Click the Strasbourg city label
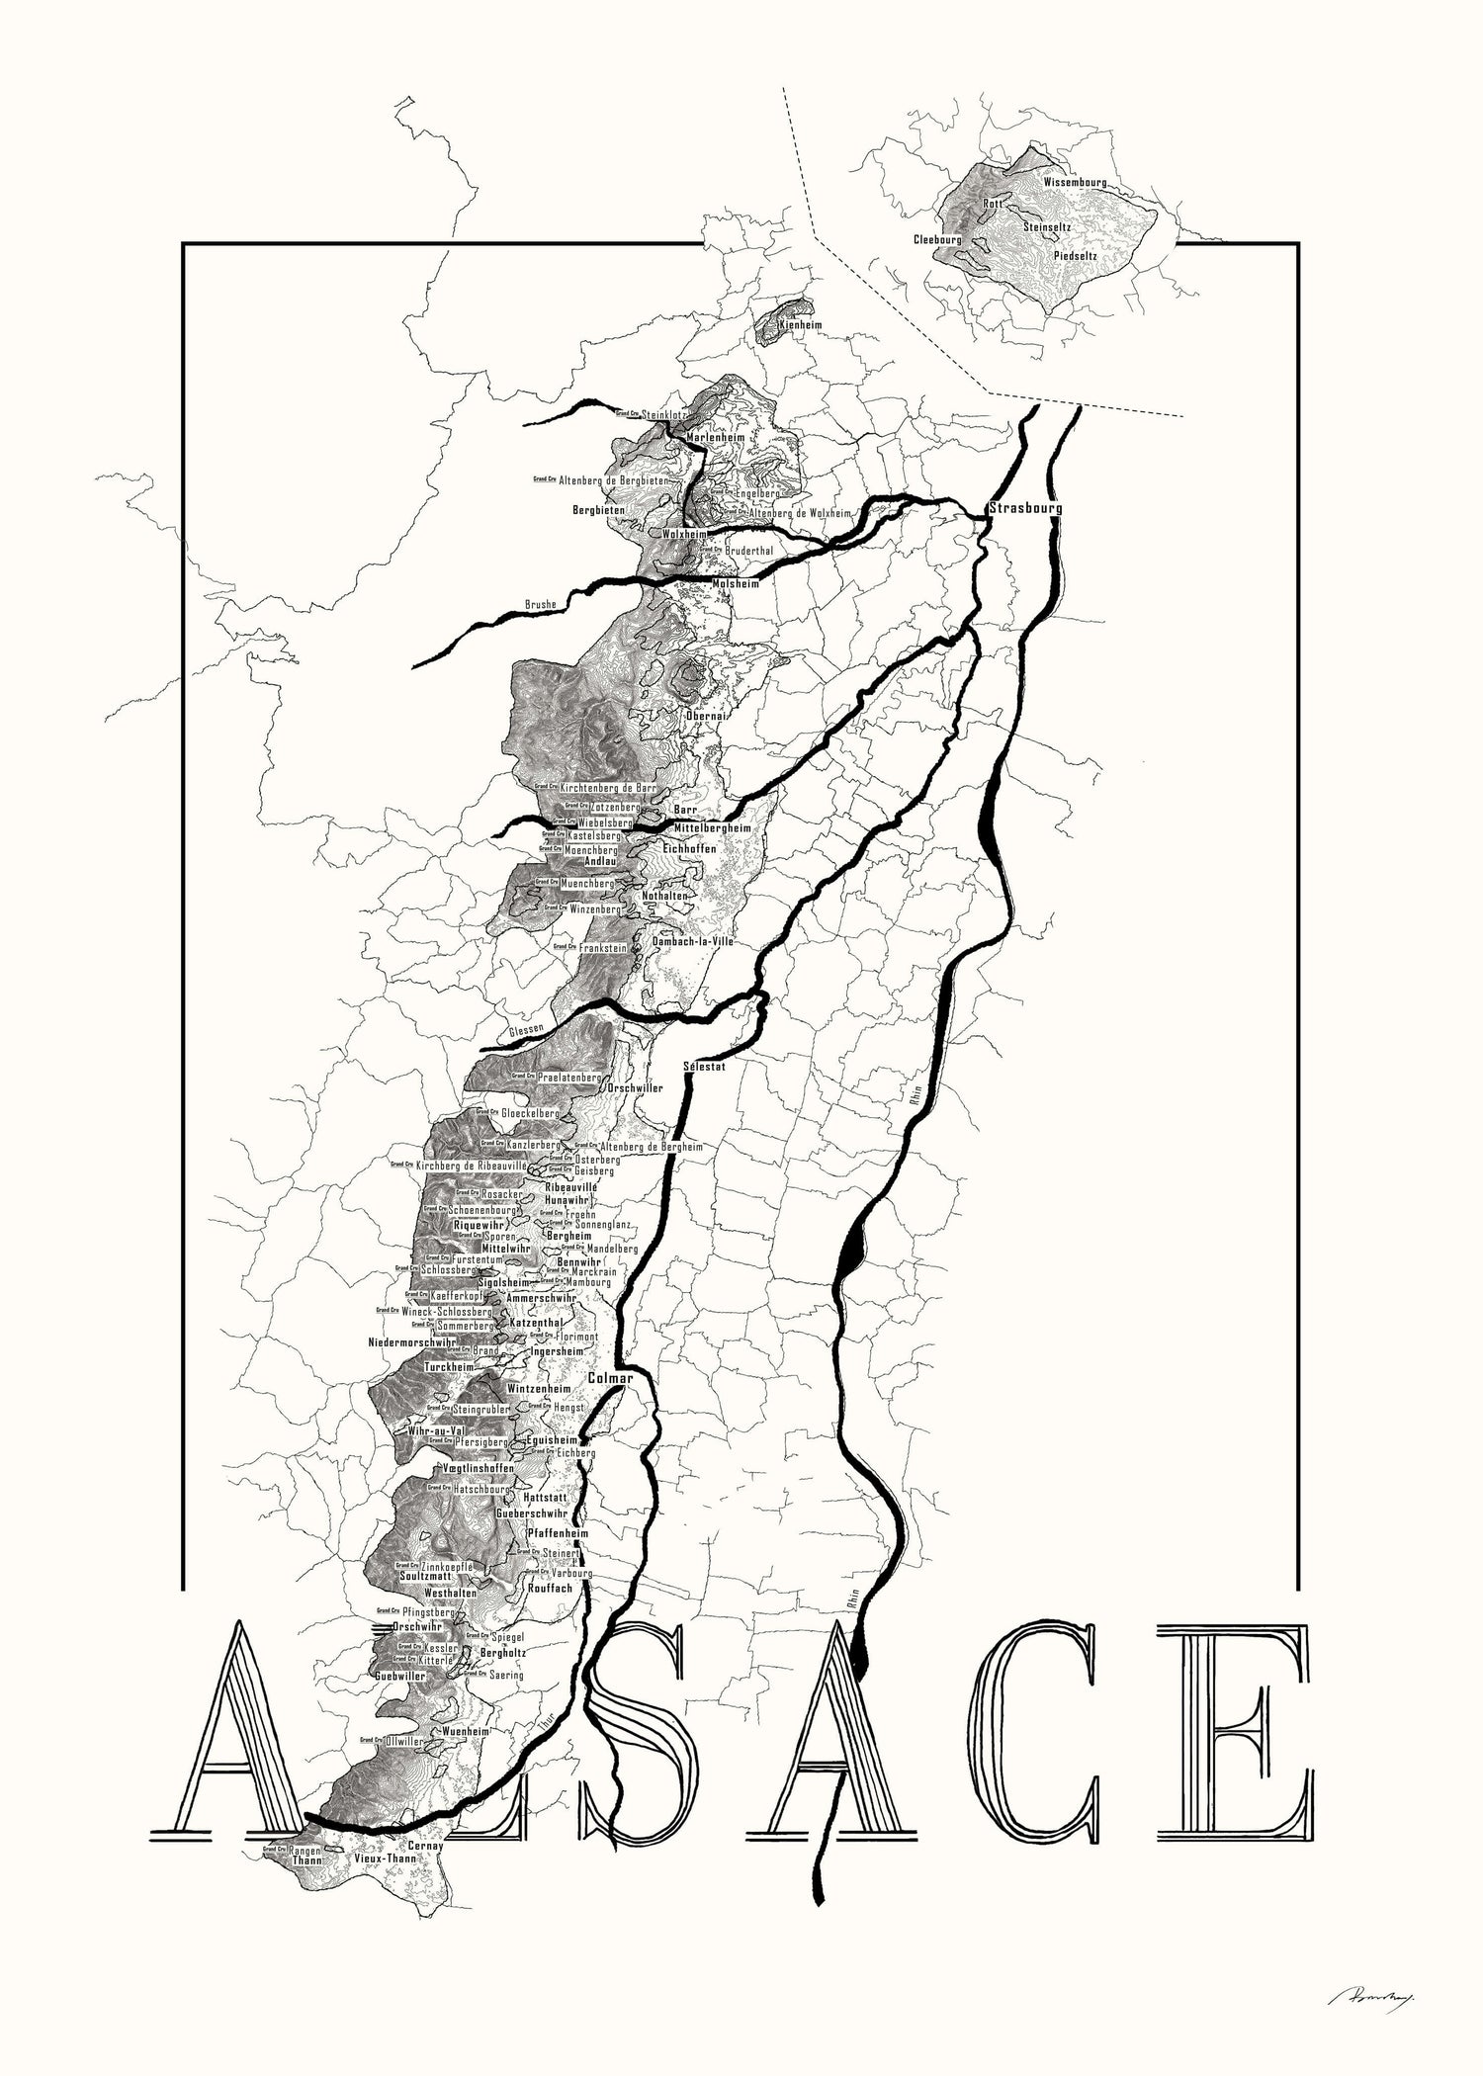(1025, 508)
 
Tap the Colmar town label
(610, 1376)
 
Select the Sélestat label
(704, 1067)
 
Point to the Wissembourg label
(1075, 184)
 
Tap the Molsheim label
(736, 584)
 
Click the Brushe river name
(541, 604)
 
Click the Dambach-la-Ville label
(693, 942)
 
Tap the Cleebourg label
(937, 240)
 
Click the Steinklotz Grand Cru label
(663, 415)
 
